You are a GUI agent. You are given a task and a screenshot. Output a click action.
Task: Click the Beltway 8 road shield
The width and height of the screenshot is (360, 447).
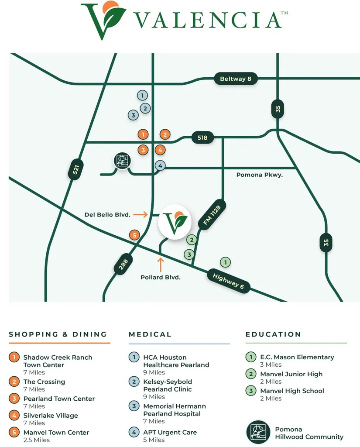pyautogui.click(x=236, y=79)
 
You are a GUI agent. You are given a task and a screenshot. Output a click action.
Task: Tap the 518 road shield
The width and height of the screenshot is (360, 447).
pyautogui.click(x=202, y=138)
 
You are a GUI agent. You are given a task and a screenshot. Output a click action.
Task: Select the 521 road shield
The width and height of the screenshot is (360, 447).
pyautogui.click(x=75, y=169)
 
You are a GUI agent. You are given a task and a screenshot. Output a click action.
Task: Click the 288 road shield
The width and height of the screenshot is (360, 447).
pyautogui.click(x=123, y=264)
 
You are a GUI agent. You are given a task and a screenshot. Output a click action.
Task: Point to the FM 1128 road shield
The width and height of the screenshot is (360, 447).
pyautogui.click(x=212, y=215)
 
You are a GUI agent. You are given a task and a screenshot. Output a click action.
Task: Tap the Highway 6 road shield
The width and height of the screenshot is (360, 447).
pyautogui.click(x=229, y=281)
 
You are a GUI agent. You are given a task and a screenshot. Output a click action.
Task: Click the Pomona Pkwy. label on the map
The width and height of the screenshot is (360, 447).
pyautogui.click(x=259, y=175)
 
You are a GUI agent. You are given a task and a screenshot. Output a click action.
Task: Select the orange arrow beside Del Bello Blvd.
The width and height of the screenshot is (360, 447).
pyautogui.click(x=140, y=214)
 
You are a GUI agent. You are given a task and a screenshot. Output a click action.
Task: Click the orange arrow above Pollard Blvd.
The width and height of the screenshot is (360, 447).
pyautogui.click(x=161, y=265)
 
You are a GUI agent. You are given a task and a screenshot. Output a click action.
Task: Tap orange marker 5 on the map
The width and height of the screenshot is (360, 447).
pyautogui.click(x=134, y=235)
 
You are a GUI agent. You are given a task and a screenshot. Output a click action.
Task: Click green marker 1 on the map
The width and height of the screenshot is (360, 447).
pyautogui.click(x=226, y=262)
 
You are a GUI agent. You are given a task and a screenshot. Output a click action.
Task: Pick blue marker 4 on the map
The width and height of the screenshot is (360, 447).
pyautogui.click(x=160, y=165)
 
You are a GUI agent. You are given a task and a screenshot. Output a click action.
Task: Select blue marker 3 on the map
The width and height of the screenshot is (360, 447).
pyautogui.click(x=133, y=115)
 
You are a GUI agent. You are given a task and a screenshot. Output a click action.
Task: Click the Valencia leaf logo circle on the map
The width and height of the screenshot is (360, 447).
pyautogui.click(x=175, y=222)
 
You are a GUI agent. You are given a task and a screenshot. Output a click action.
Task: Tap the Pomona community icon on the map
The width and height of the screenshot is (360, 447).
pyautogui.click(x=122, y=161)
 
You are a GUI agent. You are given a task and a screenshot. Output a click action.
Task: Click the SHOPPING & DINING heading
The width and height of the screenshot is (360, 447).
pyautogui.click(x=58, y=334)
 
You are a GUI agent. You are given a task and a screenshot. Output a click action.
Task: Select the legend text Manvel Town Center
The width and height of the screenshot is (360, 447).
pyautogui.click(x=56, y=433)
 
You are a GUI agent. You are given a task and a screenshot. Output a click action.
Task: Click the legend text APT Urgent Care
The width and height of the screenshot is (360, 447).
pyautogui.click(x=170, y=433)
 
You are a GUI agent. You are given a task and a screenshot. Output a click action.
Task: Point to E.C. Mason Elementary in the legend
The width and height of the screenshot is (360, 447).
pyautogui.click(x=297, y=357)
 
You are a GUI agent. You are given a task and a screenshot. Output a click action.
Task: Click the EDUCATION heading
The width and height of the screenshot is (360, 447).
pyautogui.click(x=273, y=334)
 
